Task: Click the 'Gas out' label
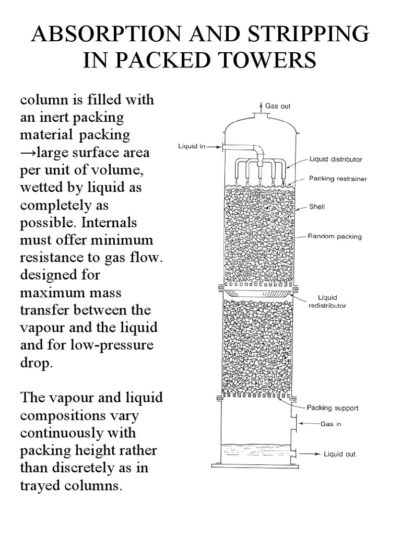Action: click(x=278, y=106)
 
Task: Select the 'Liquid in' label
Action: click(x=191, y=146)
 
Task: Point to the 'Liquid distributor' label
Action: click(x=336, y=159)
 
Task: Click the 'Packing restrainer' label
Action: click(x=338, y=179)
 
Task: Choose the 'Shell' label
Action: click(x=317, y=207)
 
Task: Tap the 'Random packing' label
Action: click(x=335, y=237)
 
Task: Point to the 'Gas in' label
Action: click(x=331, y=424)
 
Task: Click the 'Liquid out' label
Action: click(x=340, y=454)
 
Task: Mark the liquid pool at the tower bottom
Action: click(x=254, y=450)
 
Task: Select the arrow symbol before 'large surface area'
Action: click(x=28, y=153)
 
